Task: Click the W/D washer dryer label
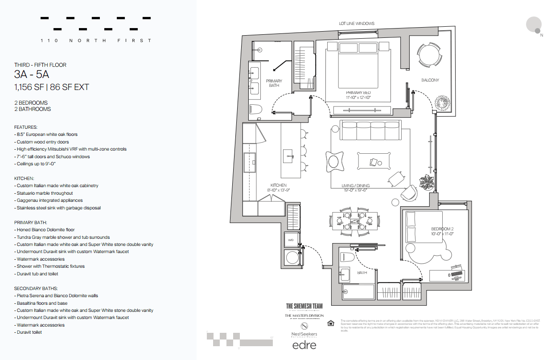pos(291,240)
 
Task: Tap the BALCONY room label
pos(430,80)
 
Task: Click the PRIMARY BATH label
pos(274,83)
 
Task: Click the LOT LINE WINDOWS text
pos(357,24)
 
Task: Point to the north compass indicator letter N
pos(542,35)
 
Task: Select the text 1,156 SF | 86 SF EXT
pos(51,87)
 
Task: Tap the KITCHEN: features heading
pos(25,178)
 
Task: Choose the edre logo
pos(304,345)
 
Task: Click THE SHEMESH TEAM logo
pos(304,306)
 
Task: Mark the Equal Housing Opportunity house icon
pos(331,323)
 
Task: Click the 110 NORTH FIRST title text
pos(96,41)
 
